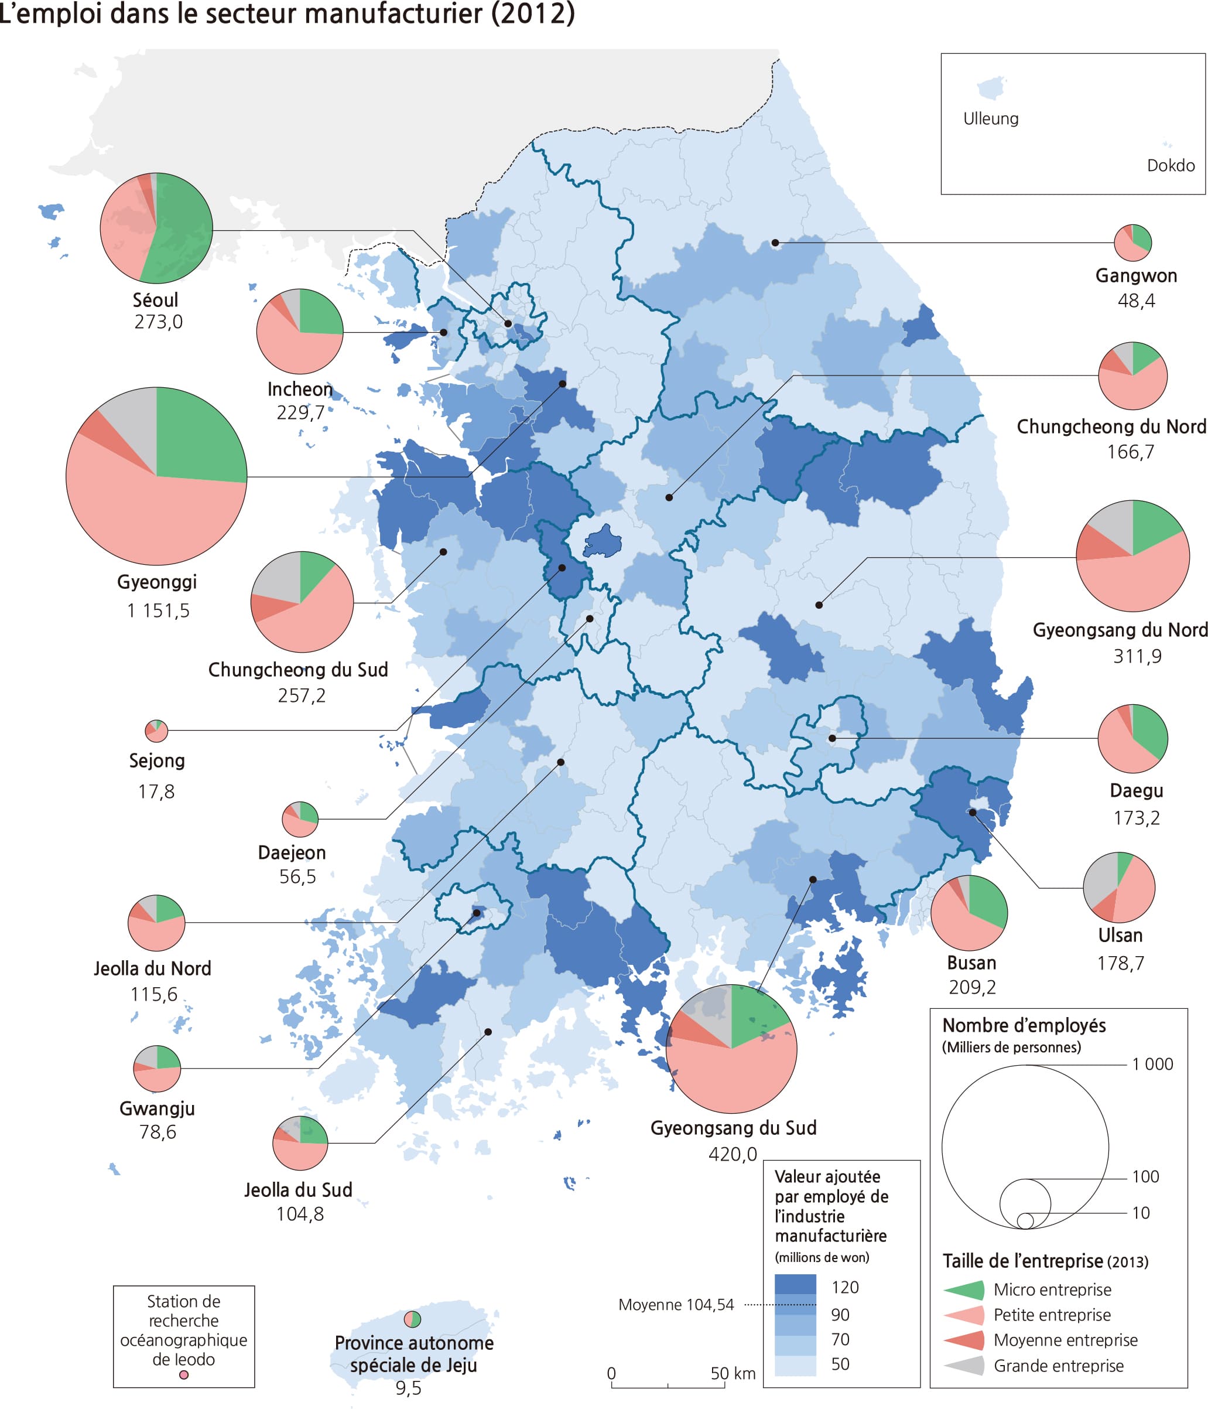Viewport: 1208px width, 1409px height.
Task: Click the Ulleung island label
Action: [x=990, y=119]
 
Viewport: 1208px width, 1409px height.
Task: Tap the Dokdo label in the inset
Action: [x=1170, y=165]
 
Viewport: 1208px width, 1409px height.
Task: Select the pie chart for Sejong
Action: [x=156, y=731]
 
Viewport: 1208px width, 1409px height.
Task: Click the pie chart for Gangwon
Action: [x=1132, y=243]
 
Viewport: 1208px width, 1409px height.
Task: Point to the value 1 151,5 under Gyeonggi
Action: [x=158, y=610]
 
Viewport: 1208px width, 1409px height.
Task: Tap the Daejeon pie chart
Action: [x=300, y=819]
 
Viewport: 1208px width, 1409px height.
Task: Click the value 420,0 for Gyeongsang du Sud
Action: [x=732, y=1155]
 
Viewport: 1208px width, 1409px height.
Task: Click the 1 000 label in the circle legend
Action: [x=1152, y=1065]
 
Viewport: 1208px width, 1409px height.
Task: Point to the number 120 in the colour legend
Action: [x=844, y=1287]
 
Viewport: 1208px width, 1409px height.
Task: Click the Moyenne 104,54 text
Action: [x=676, y=1305]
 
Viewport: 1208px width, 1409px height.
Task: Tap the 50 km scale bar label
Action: [x=733, y=1373]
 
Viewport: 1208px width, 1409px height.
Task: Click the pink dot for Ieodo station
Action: [x=183, y=1374]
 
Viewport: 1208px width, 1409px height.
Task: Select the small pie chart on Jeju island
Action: [x=413, y=1319]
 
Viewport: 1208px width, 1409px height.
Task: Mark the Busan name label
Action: [x=971, y=963]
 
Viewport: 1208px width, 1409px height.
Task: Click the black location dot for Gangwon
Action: [x=775, y=243]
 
